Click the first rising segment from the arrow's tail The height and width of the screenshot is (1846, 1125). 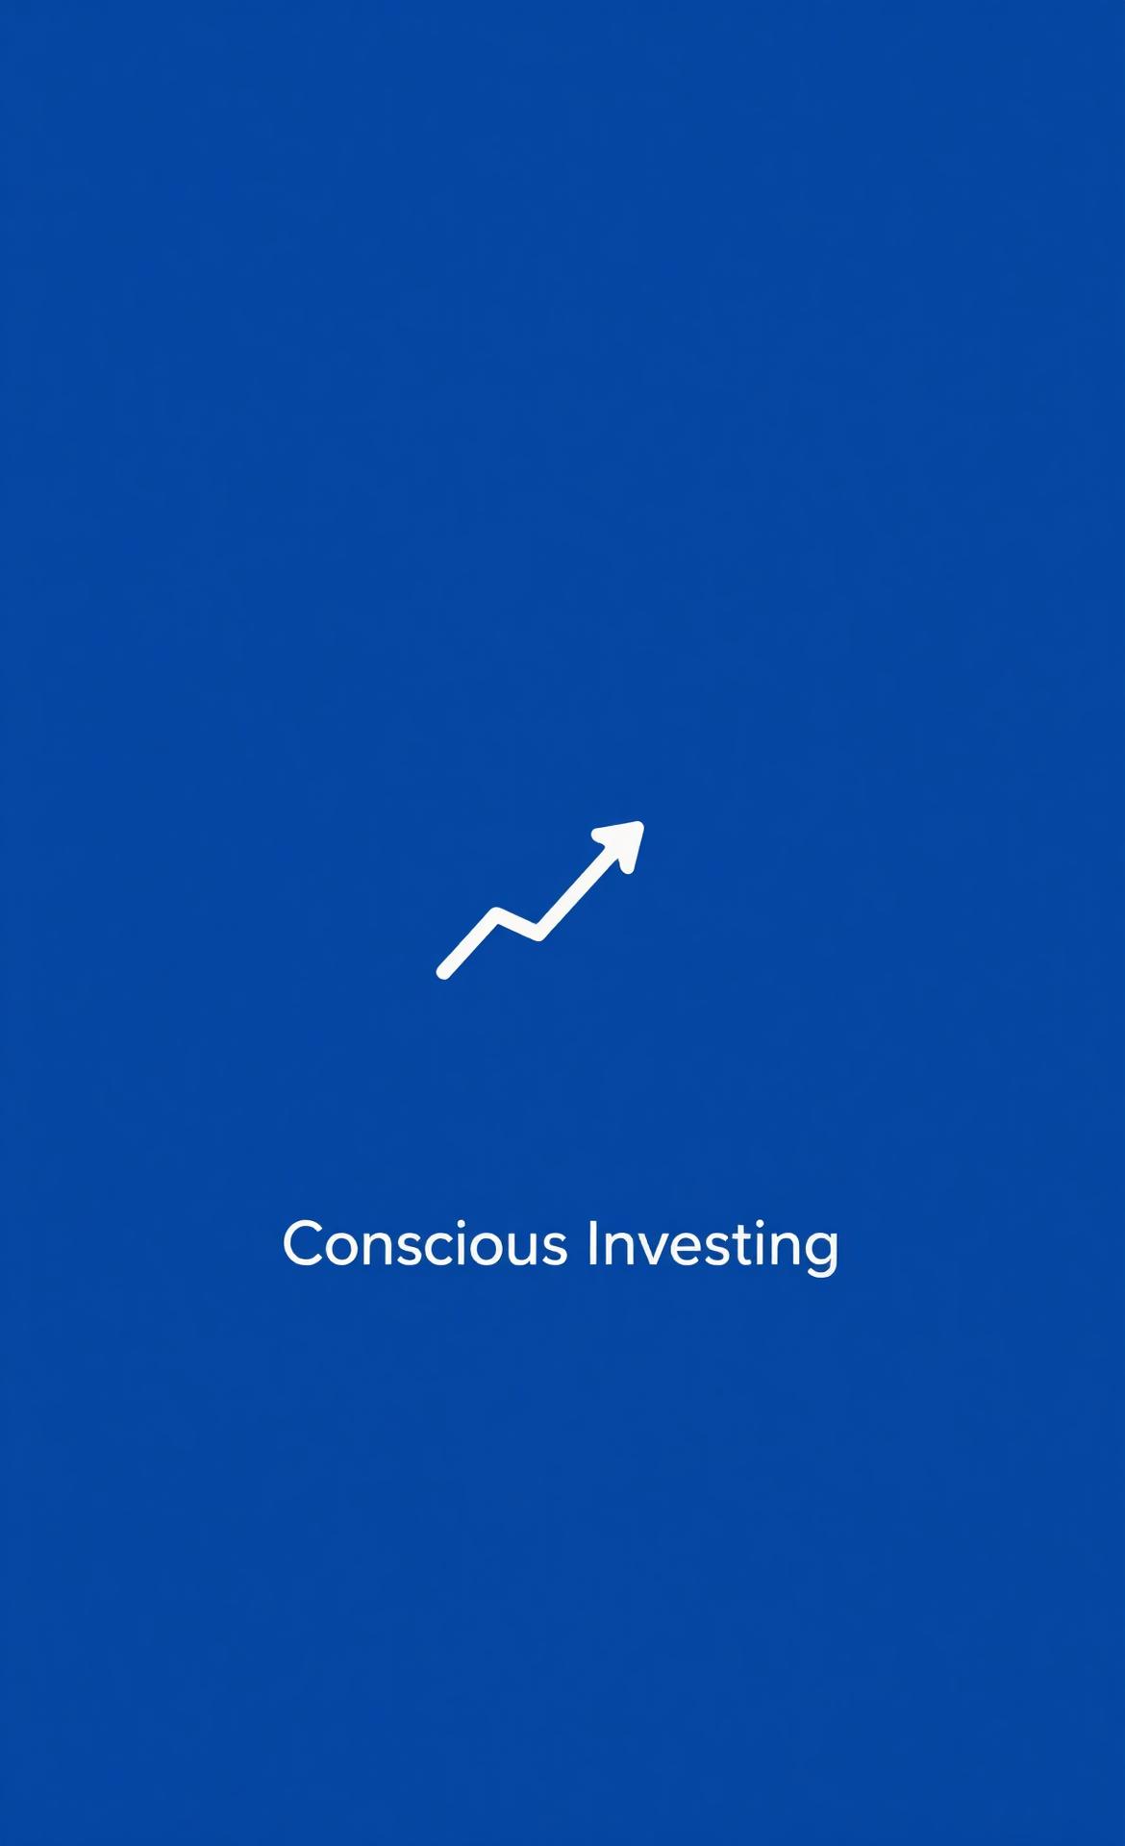470,943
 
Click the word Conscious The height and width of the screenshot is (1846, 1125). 425,1243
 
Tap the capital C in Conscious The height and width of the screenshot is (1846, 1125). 302,1243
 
